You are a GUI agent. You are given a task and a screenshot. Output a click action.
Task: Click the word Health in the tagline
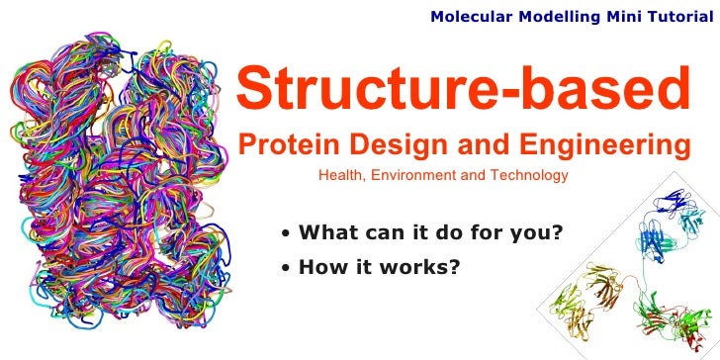click(338, 176)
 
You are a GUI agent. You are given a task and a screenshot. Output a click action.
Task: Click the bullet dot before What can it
click(286, 235)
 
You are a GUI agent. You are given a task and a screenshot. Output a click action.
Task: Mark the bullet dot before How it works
click(286, 267)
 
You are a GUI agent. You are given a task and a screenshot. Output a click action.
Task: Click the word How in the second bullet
click(319, 265)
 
